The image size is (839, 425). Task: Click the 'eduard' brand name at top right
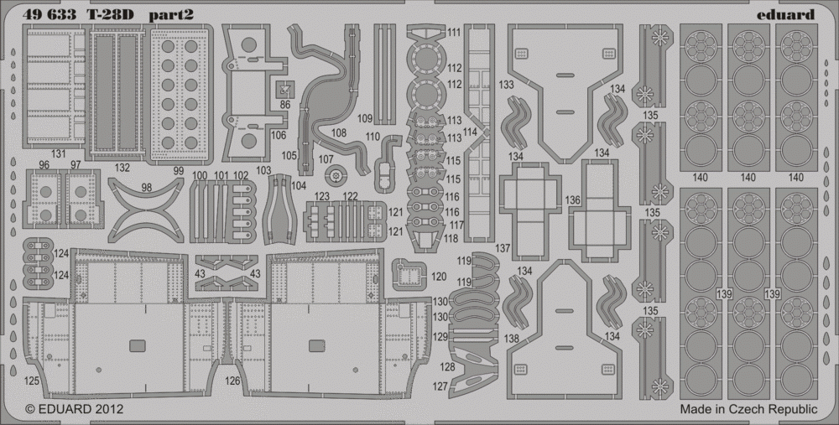tap(785, 14)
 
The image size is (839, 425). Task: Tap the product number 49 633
tap(50, 15)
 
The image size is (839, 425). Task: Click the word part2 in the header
tap(170, 15)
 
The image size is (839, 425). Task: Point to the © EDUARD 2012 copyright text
tap(75, 409)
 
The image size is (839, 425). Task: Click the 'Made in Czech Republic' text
tap(748, 410)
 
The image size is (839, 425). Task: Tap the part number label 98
tap(147, 188)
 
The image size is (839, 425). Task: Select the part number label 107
tap(326, 158)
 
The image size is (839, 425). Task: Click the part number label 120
tap(439, 277)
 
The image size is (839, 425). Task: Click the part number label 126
tap(232, 381)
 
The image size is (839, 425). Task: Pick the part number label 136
tap(572, 200)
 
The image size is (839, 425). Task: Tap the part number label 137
tap(503, 249)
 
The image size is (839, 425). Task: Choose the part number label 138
tap(512, 339)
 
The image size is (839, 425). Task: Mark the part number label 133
tap(506, 85)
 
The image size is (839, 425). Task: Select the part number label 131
tap(58, 154)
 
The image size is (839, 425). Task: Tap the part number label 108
tap(339, 132)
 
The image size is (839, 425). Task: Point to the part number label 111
tap(454, 33)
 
